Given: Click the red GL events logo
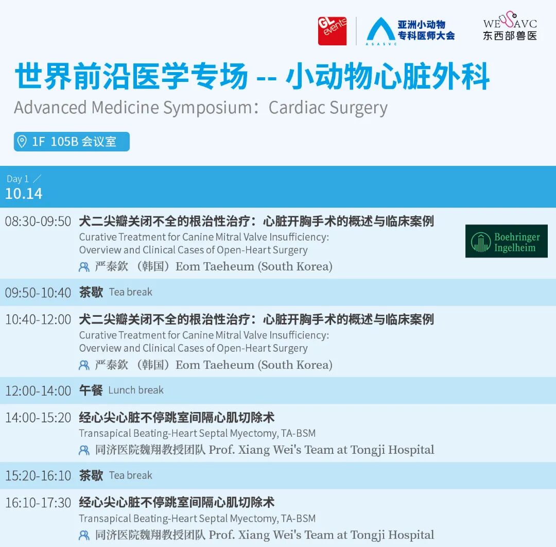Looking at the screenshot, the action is [x=332, y=31].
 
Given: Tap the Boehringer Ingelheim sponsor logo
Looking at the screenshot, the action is [x=507, y=241].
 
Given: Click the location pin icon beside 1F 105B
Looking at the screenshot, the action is [x=22, y=141].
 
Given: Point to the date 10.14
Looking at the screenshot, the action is [x=24, y=194].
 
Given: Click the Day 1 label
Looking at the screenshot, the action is [x=18, y=179].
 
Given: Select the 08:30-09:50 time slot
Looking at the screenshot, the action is [x=38, y=221].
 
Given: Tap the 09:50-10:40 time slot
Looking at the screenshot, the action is [x=38, y=293].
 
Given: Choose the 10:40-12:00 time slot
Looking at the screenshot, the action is [x=38, y=320].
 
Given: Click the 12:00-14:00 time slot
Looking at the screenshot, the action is [x=38, y=390].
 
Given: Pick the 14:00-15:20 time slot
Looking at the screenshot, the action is [x=38, y=418].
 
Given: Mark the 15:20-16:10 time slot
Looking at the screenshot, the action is [x=38, y=476].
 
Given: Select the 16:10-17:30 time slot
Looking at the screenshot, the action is [x=38, y=503].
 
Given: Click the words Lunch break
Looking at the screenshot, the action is [x=136, y=390].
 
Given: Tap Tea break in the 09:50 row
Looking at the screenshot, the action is [x=130, y=292].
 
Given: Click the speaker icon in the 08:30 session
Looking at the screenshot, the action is [x=84, y=267].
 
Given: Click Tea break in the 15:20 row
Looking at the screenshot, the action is [x=130, y=475].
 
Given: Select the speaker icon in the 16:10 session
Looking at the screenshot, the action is [x=84, y=535].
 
